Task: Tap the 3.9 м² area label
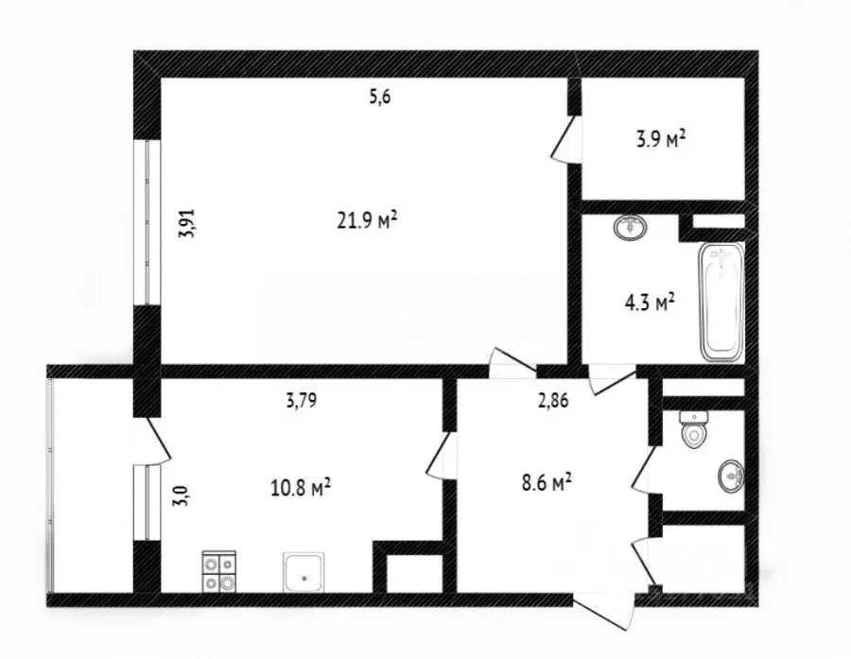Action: click(660, 141)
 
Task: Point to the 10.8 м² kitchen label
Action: click(300, 489)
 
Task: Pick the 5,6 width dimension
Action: click(379, 96)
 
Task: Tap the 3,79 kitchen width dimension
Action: click(301, 400)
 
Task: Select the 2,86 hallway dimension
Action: click(553, 400)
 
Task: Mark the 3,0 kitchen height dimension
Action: click(180, 494)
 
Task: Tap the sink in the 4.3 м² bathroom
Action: click(629, 227)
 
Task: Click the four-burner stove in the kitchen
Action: click(219, 571)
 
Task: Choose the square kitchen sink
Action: click(304, 571)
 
